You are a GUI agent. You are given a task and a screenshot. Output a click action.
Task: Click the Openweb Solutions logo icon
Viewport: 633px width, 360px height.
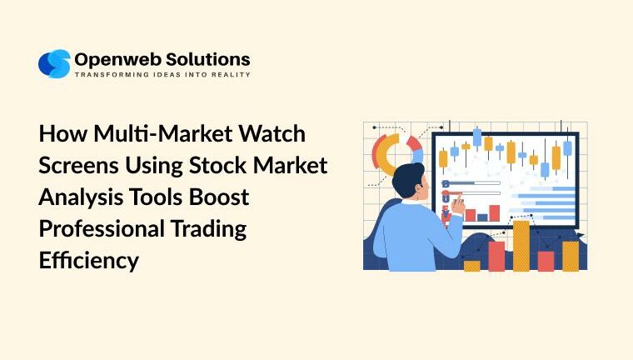[x=54, y=64]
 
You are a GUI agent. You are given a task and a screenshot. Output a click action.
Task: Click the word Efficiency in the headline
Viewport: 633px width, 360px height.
[x=88, y=260]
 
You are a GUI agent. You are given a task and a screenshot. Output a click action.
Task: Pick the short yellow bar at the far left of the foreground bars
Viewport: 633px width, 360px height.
[x=471, y=266]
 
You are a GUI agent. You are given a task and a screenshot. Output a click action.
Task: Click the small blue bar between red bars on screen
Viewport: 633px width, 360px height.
[x=482, y=217]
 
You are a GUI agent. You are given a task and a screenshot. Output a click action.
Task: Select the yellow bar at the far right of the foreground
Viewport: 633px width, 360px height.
[x=571, y=256]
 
